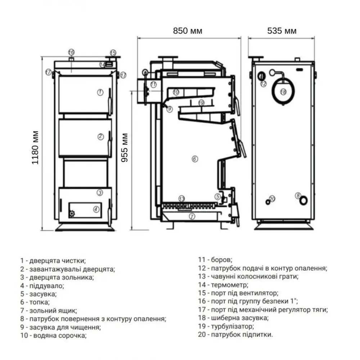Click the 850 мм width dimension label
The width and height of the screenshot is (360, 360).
188,31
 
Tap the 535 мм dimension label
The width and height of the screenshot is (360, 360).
282,31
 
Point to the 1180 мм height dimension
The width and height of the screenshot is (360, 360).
35,148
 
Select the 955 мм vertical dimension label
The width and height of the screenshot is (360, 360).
125,148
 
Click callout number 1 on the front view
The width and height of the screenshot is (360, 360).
100,92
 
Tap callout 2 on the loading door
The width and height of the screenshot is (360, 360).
100,136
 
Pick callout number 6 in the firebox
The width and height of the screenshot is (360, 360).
195,159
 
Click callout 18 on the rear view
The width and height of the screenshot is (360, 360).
283,92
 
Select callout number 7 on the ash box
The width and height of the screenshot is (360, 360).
192,216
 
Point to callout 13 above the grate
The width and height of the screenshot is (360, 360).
181,199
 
